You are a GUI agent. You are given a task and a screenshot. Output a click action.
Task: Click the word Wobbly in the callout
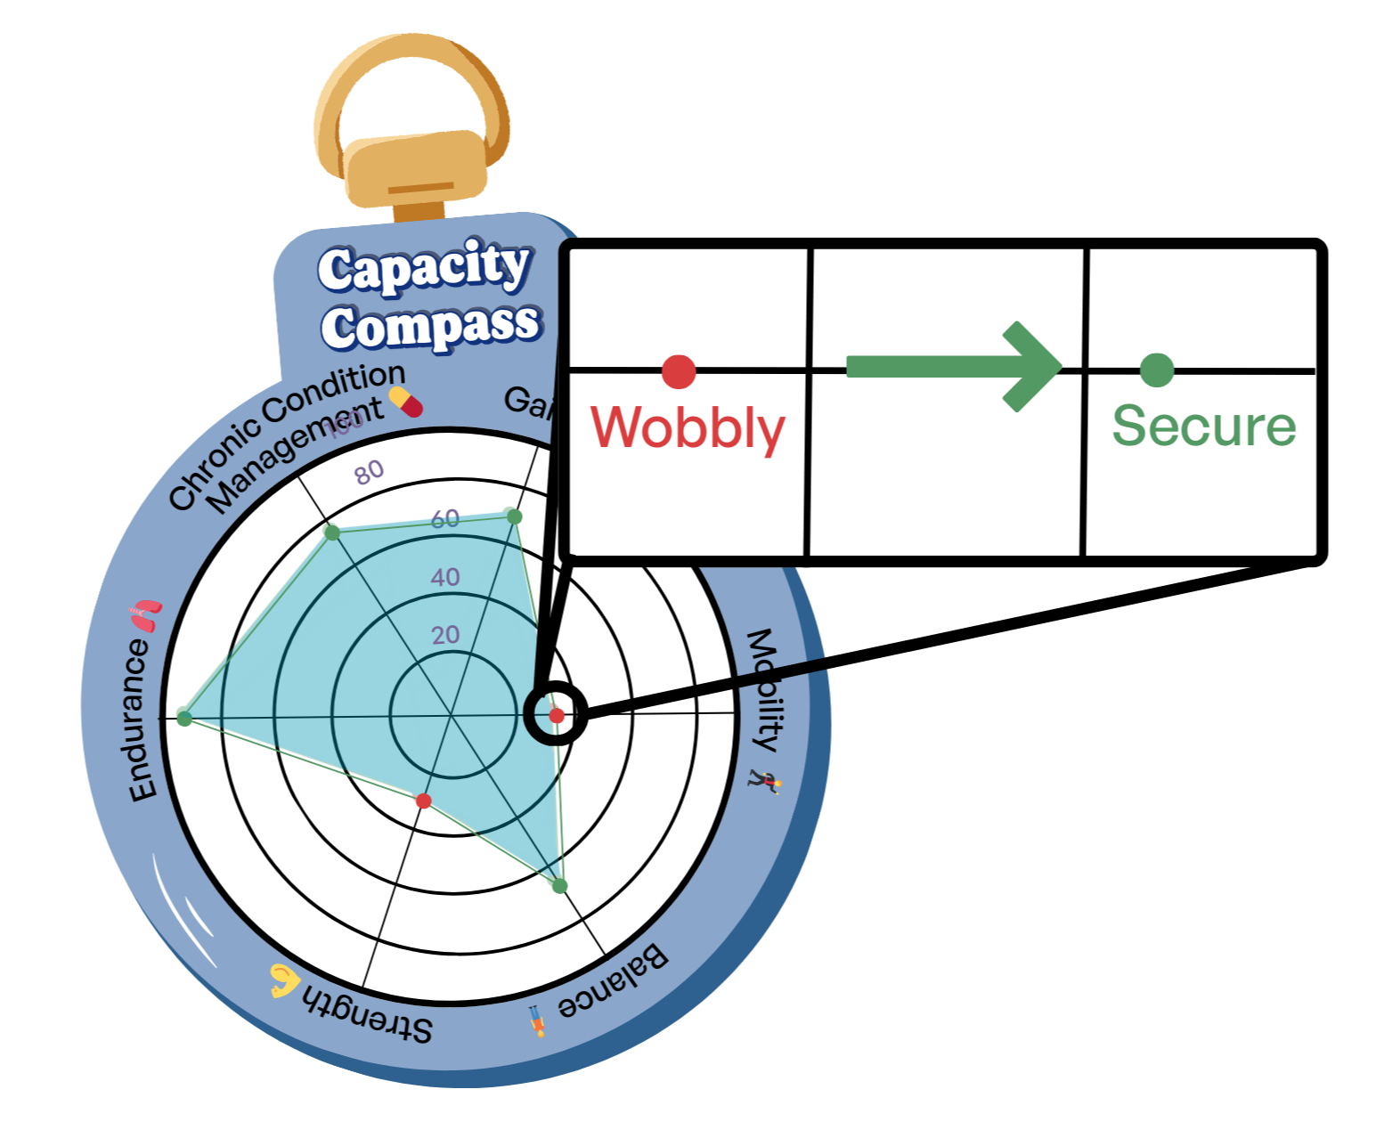tap(688, 427)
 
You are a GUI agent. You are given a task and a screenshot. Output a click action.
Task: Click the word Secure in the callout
tap(1203, 426)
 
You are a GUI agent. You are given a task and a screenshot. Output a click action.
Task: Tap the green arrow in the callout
tap(953, 367)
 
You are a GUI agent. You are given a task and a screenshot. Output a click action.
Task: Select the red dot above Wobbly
tap(679, 371)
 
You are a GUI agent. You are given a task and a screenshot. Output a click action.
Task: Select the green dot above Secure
tap(1157, 370)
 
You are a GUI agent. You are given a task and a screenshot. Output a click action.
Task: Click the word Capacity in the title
tap(424, 267)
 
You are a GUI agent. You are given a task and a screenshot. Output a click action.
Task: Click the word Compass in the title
tap(431, 326)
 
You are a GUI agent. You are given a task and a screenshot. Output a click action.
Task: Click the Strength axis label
tap(368, 1012)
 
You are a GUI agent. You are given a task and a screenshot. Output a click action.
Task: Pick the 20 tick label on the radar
tap(445, 635)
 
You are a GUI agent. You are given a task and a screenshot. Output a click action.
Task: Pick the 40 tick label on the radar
tap(445, 577)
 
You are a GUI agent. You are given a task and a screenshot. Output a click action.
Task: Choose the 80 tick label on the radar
tap(369, 473)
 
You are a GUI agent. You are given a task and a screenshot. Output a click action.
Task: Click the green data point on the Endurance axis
tap(184, 718)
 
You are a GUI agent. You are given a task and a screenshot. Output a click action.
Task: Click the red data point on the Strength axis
tap(424, 801)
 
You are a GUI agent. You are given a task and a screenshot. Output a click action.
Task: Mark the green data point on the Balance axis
tap(559, 886)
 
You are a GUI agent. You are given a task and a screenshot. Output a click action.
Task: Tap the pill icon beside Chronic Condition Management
tap(406, 402)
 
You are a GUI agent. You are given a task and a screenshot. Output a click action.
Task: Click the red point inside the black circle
tap(557, 715)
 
